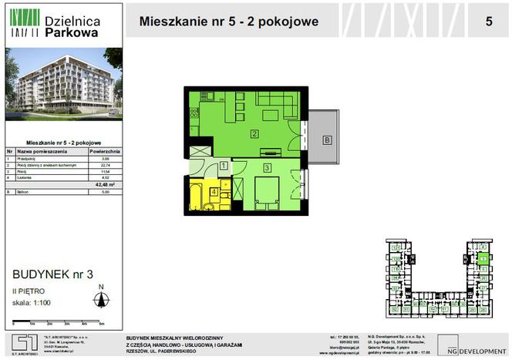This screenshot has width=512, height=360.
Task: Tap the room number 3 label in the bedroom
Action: (x=266, y=167)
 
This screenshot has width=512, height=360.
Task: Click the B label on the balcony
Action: (x=327, y=140)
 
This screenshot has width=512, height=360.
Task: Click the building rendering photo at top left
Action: (x=63, y=85)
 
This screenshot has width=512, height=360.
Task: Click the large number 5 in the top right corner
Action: (x=489, y=22)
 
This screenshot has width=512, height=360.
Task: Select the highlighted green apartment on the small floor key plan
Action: (x=483, y=260)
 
